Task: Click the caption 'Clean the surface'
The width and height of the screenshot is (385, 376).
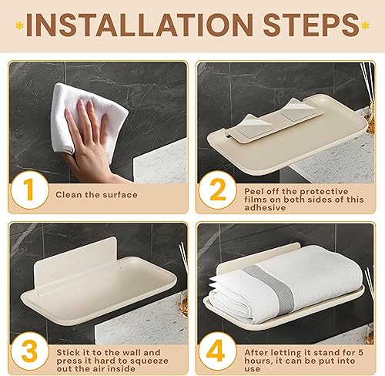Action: tap(96, 195)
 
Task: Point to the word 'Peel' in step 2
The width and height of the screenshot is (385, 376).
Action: tap(256, 190)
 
